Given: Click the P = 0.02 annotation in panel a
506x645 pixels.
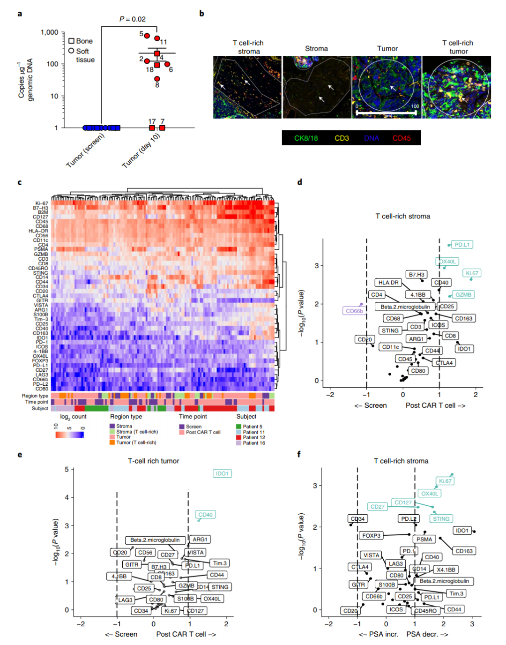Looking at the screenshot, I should click(133, 19).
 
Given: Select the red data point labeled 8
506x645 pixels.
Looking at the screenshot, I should click(157, 79).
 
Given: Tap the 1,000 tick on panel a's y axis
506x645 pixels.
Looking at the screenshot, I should click(50, 32).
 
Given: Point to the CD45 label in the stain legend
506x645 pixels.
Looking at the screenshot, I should click(402, 138).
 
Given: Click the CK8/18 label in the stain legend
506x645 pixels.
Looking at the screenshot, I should click(306, 138).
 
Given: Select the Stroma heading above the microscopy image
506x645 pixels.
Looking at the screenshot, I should click(316, 49).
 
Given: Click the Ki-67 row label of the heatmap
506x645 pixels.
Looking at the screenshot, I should click(42, 203).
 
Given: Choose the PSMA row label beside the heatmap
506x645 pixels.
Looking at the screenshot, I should click(41, 249).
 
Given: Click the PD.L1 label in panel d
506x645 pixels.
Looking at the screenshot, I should click(462, 245).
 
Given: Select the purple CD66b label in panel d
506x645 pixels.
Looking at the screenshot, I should click(354, 311).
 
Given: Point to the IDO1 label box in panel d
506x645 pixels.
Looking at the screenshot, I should click(464, 349).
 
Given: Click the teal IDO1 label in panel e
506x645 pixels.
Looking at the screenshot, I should click(222, 473).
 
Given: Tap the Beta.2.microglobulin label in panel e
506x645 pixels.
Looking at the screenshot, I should click(155, 540).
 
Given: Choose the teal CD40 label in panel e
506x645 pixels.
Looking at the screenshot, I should click(205, 515).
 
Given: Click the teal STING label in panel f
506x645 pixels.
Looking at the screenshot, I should click(441, 519).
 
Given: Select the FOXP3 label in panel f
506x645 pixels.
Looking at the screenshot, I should click(372, 535).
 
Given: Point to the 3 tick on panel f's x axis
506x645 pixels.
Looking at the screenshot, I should click(472, 624).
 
